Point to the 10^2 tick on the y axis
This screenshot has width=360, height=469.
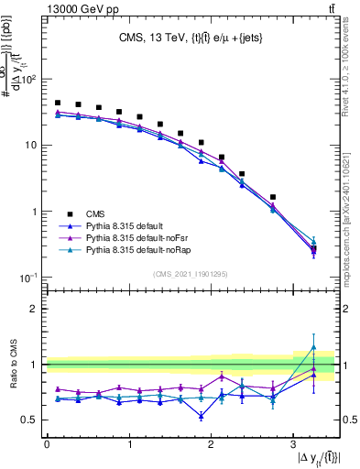[29, 80]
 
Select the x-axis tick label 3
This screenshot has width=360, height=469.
[292, 443]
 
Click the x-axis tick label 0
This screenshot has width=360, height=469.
[47, 443]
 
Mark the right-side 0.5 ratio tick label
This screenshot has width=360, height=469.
[349, 420]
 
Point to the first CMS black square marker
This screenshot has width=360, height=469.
[58, 104]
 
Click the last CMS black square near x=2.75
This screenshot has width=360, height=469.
[273, 197]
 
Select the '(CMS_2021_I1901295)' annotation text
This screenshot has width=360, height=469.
[190, 274]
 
